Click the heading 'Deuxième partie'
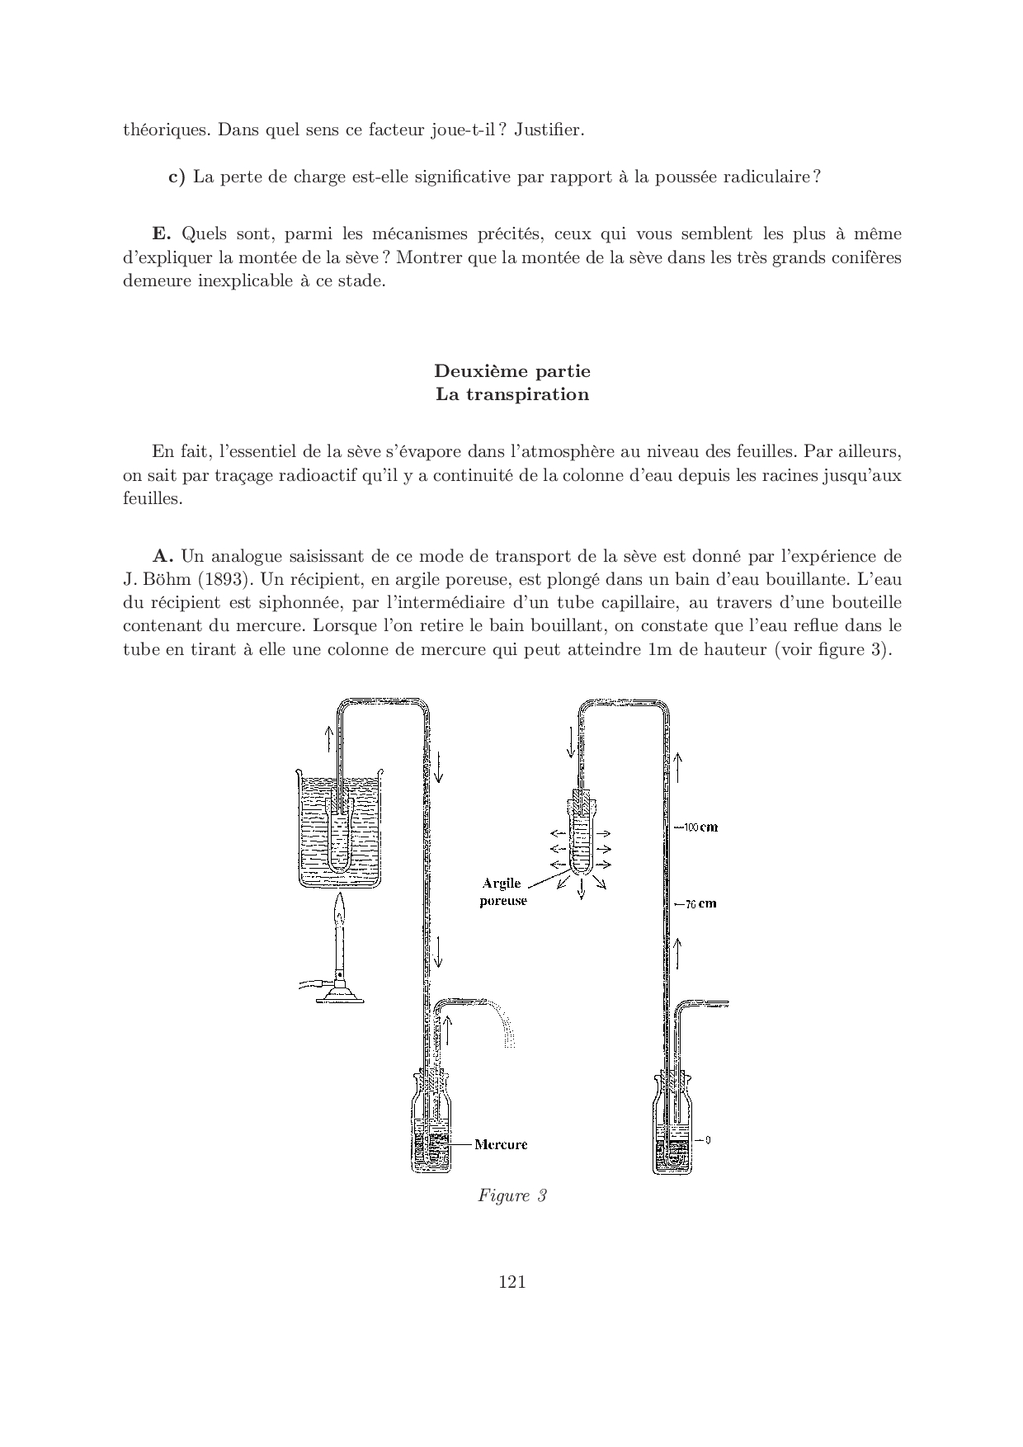(511, 371)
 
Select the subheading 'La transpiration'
(511, 394)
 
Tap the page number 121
(512, 1281)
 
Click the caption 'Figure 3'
(511, 1195)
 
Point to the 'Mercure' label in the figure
(501, 1144)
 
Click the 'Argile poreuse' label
(502, 893)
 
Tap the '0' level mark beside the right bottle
(708, 1140)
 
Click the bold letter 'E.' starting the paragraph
(162, 233)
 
